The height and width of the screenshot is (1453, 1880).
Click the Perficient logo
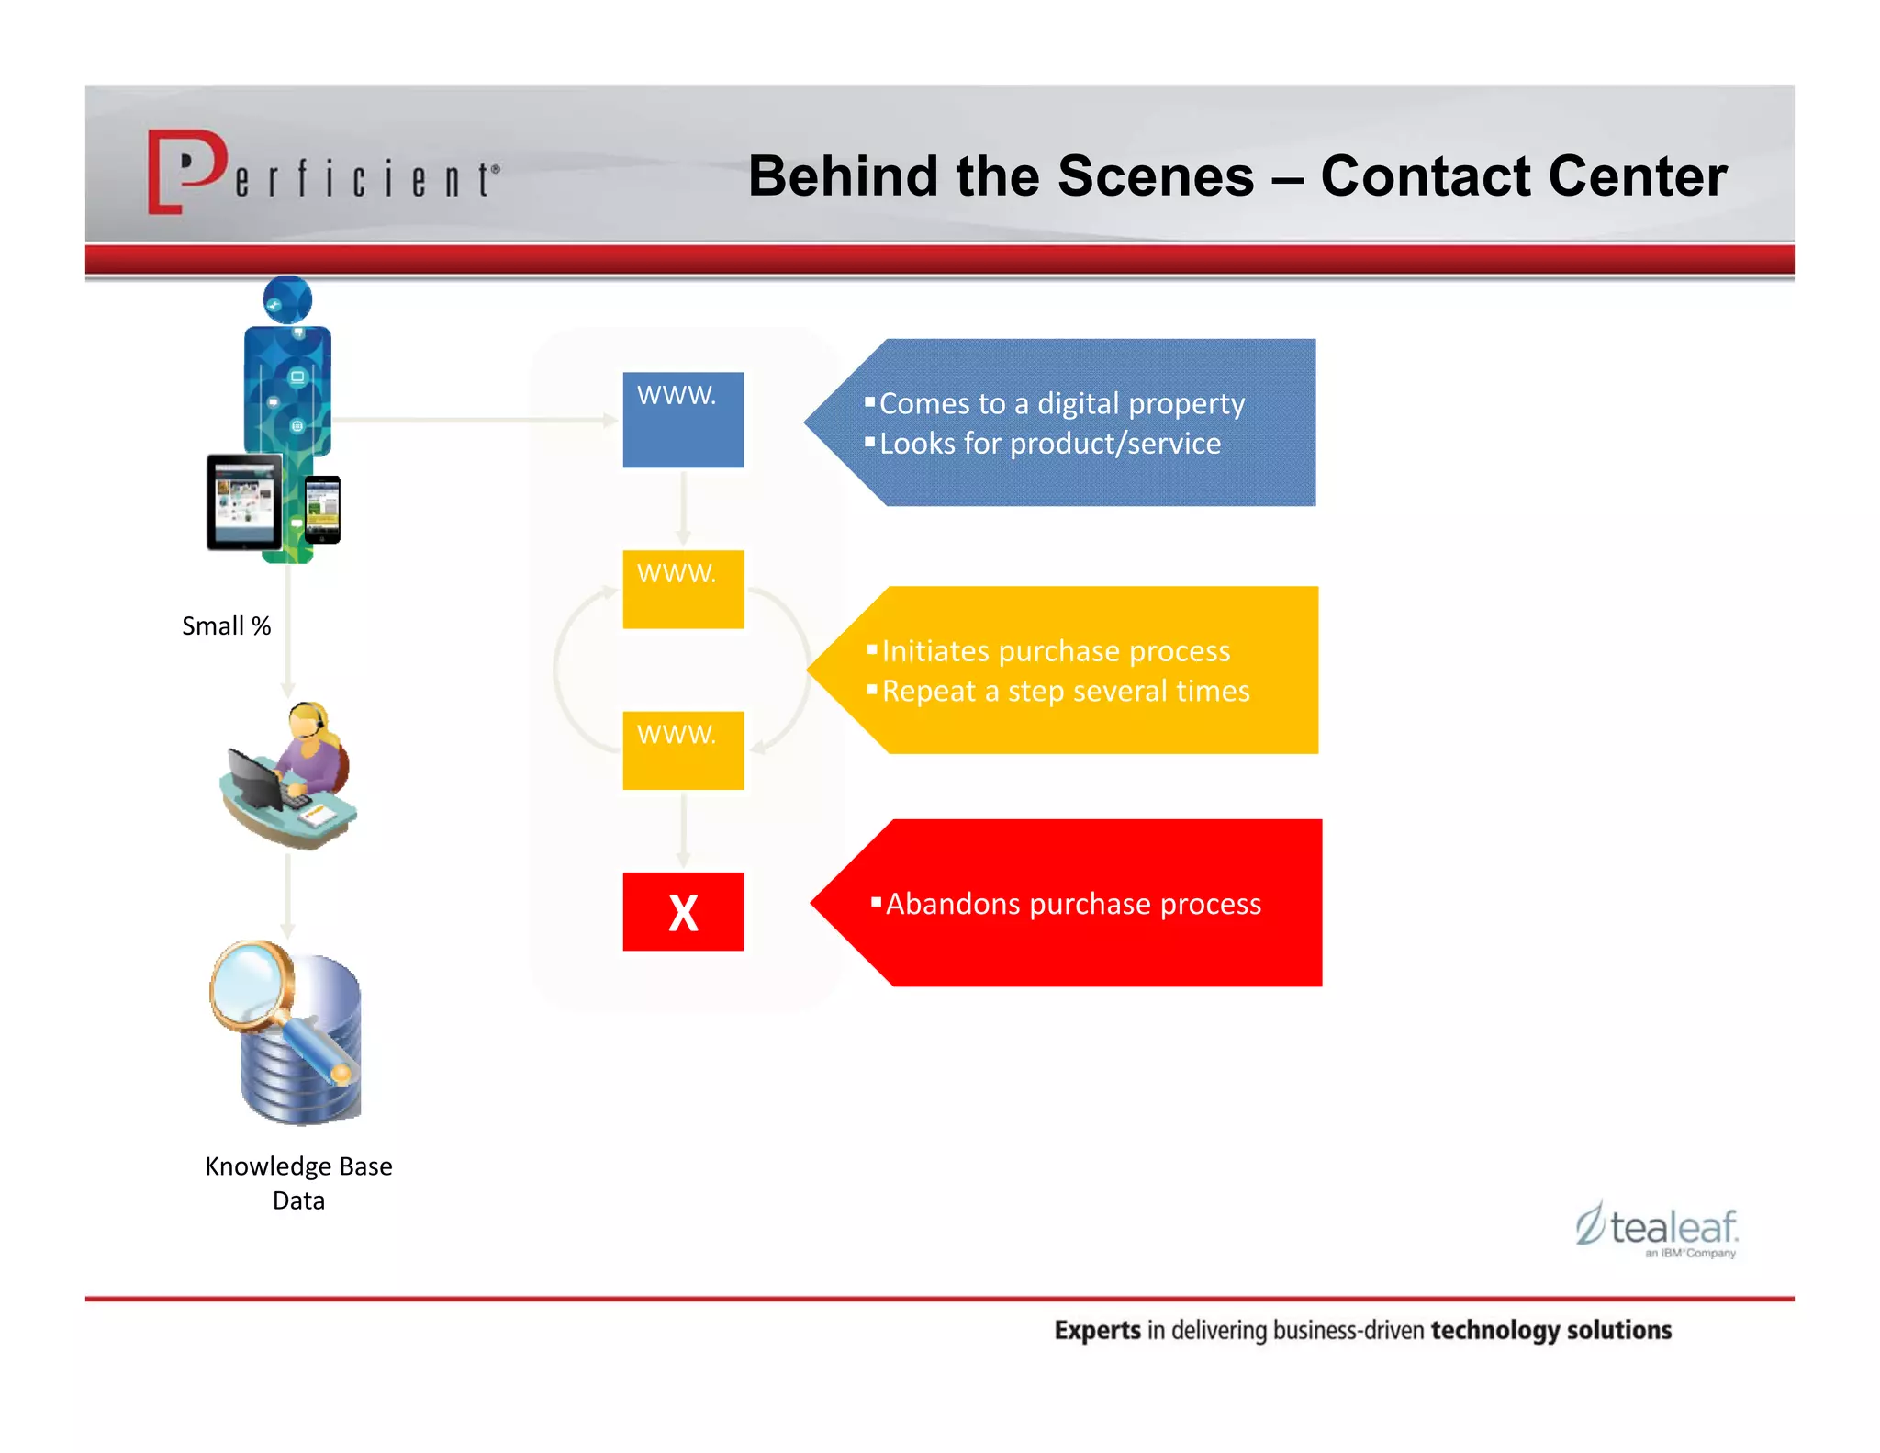pyautogui.click(x=322, y=173)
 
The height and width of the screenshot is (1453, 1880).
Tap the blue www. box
pyautogui.click(x=683, y=420)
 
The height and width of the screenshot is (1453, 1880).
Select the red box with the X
pyautogui.click(x=683, y=912)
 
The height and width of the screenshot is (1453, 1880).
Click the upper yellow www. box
pyautogui.click(x=683, y=590)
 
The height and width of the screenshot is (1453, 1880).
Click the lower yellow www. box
pyautogui.click(x=683, y=750)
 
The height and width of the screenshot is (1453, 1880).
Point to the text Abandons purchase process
pyautogui.click(x=1072, y=904)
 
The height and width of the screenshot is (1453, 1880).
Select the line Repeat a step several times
pyautogui.click(x=1065, y=691)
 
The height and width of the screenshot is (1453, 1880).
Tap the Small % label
pyautogui.click(x=226, y=626)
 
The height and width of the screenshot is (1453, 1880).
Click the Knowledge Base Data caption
pyautogui.click(x=298, y=1183)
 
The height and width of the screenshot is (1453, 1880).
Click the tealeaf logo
pyautogui.click(x=1657, y=1229)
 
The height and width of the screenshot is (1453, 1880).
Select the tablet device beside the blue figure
pyautogui.click(x=243, y=502)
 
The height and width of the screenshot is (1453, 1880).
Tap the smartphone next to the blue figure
pyautogui.click(x=322, y=510)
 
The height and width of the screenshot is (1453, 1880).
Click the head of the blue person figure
pyautogui.click(x=287, y=299)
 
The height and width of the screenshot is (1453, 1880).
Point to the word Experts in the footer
pyautogui.click(x=1096, y=1330)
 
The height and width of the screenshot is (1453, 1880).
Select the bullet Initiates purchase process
pyautogui.click(x=1055, y=651)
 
